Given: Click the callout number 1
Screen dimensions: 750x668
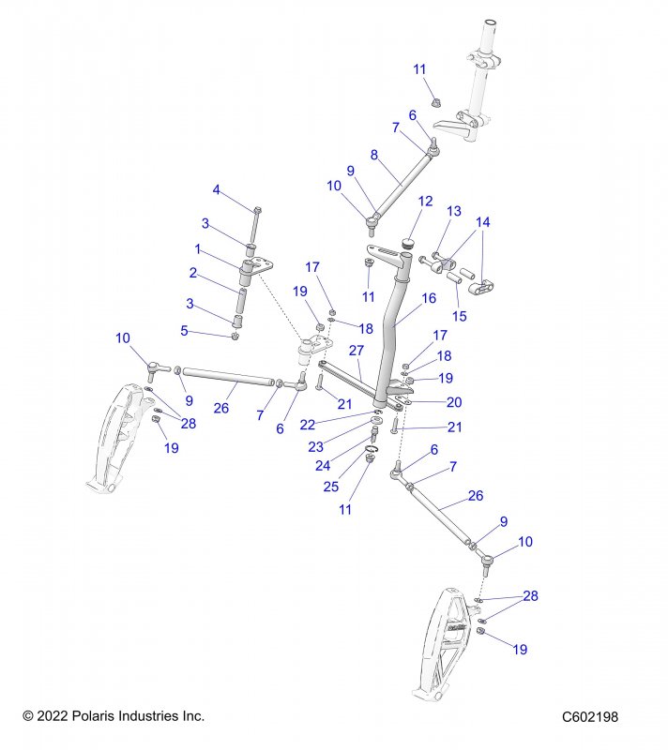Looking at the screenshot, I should tap(198, 248).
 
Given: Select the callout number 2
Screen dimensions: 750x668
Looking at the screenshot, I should tap(192, 273).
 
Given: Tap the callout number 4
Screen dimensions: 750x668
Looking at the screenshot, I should tap(217, 190).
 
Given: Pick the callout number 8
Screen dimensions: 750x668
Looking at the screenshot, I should tap(373, 155).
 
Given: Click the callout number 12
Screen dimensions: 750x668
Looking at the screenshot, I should tap(425, 201).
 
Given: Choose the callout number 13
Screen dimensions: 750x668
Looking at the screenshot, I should tap(454, 211).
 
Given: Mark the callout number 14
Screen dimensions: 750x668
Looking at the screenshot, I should tap(483, 222).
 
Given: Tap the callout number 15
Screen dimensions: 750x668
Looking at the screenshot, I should tap(459, 316).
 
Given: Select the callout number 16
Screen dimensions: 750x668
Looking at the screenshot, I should tap(429, 298).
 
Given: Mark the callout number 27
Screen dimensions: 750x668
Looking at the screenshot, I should tap(356, 350).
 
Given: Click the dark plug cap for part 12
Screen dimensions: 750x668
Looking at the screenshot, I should tap(408, 243).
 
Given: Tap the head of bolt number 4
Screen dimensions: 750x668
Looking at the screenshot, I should tap(258, 209).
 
